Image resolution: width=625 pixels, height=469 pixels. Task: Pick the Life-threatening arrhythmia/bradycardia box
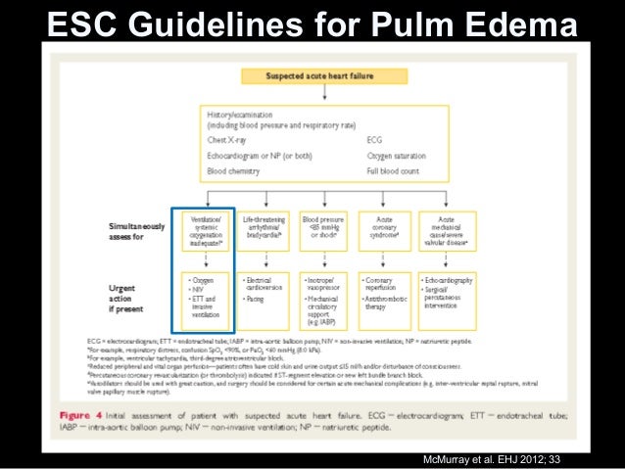click(x=262, y=231)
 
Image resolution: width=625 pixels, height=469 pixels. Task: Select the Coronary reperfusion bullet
click(x=386, y=284)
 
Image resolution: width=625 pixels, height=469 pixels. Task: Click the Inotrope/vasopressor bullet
click(x=324, y=284)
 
